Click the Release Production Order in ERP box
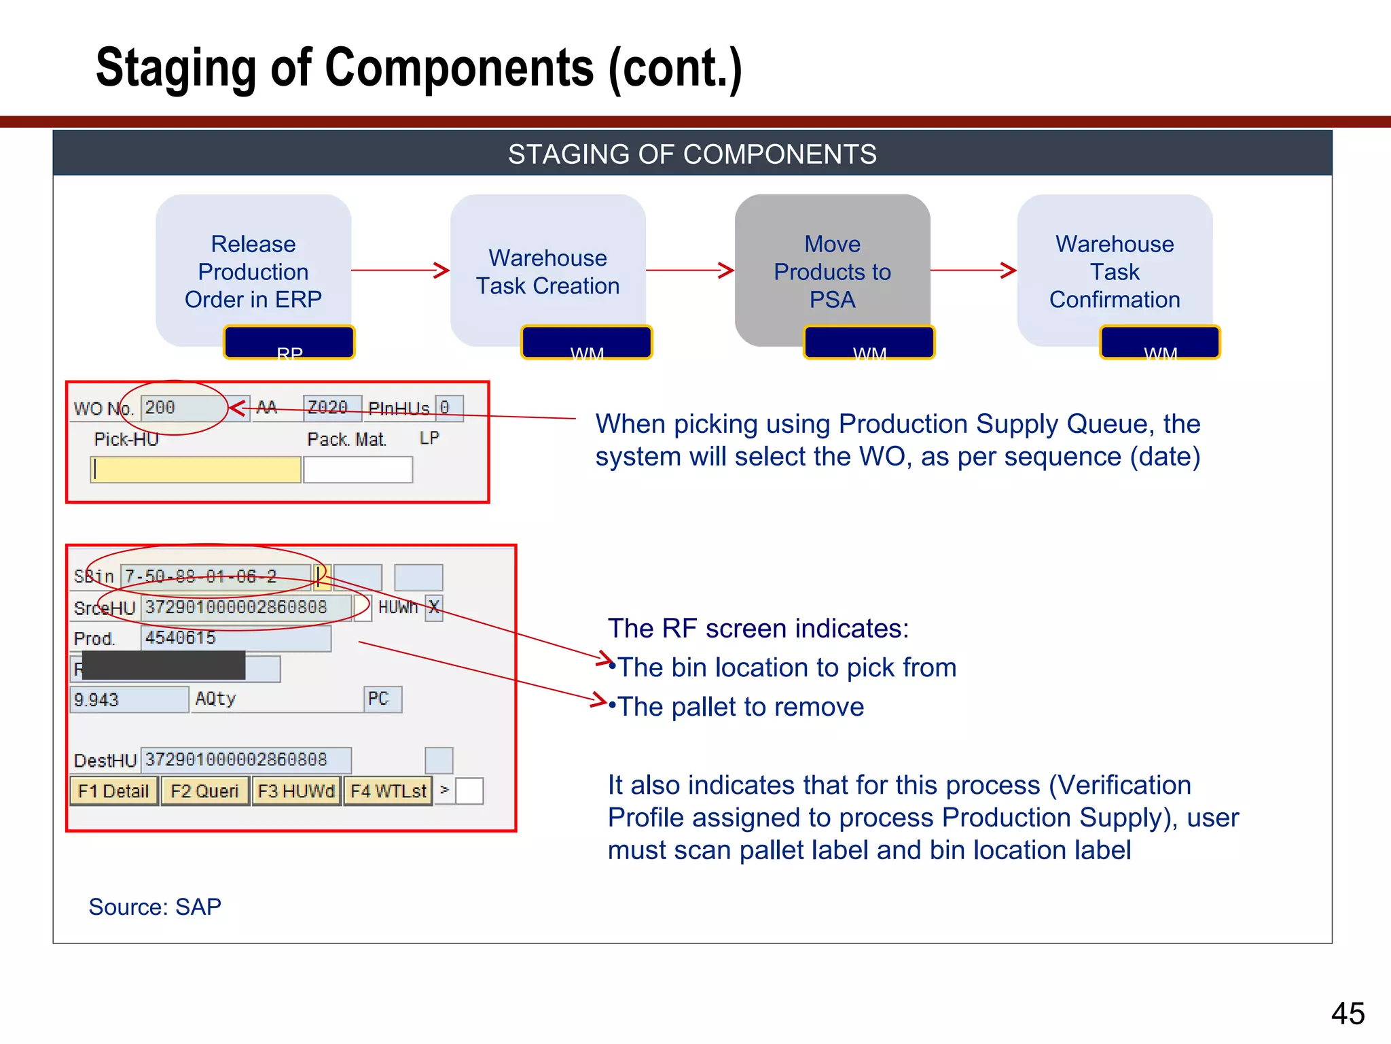tap(253, 271)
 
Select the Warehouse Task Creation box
tap(547, 271)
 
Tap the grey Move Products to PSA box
tap(832, 271)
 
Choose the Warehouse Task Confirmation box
tap(1115, 271)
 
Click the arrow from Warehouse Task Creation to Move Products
tap(689, 271)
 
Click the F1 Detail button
tap(113, 791)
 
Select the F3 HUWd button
tap(296, 791)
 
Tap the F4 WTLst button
tap(388, 791)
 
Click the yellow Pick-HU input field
tap(196, 470)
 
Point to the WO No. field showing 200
tap(183, 408)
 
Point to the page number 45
tap(1348, 1013)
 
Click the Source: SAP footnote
tap(155, 907)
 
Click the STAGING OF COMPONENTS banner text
tap(692, 154)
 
